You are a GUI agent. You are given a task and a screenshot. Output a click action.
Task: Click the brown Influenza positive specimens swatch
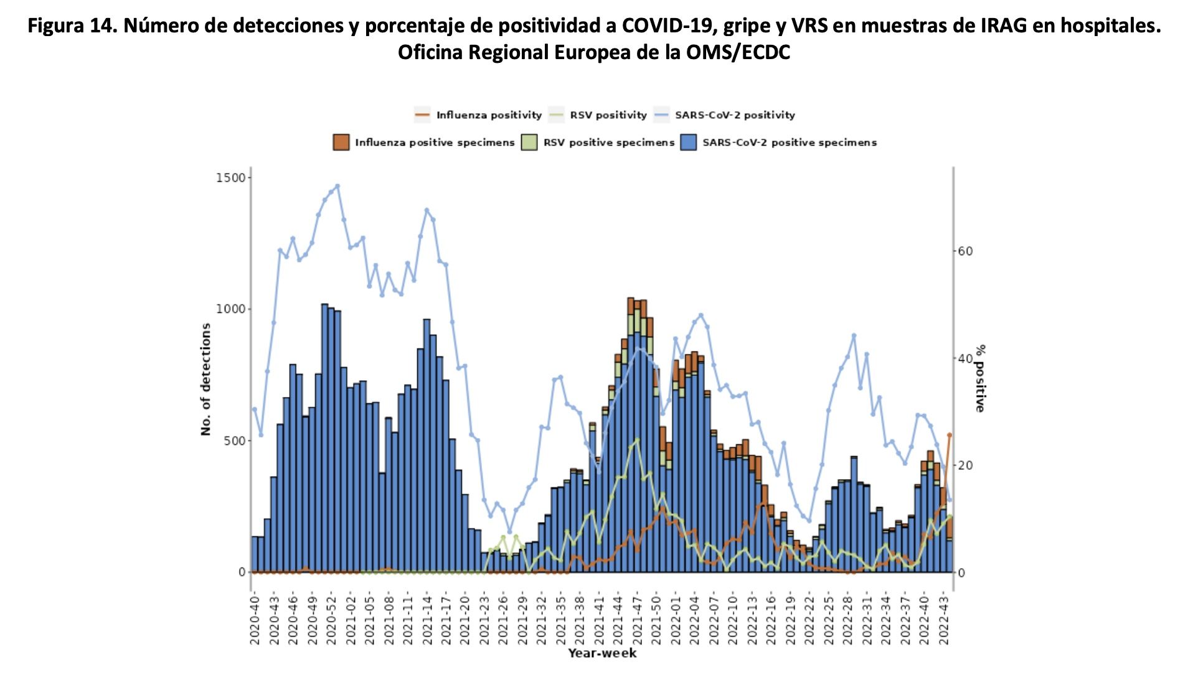[x=341, y=142]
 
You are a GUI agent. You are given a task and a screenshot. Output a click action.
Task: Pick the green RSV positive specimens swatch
[x=529, y=142]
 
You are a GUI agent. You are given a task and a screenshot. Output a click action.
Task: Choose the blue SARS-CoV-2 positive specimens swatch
[x=689, y=142]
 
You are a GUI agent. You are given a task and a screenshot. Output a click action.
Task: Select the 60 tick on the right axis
[x=965, y=251]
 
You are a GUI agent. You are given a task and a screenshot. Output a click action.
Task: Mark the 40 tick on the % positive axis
[x=965, y=358]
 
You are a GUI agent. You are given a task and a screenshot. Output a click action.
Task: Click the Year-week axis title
[x=602, y=653]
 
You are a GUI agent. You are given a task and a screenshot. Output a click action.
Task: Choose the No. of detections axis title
[x=206, y=379]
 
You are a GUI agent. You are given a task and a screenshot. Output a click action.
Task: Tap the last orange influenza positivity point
[x=950, y=435]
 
